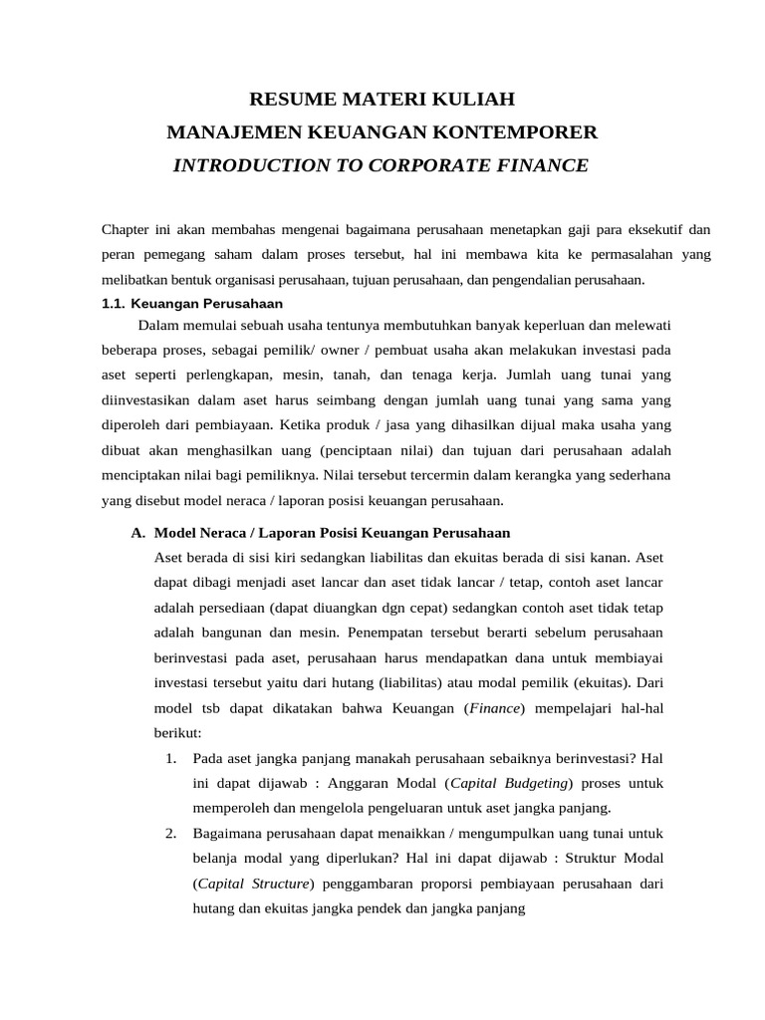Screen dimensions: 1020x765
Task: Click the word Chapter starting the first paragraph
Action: (x=126, y=229)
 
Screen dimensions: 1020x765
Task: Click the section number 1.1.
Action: (x=117, y=303)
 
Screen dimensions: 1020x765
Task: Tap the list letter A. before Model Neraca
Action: (x=138, y=533)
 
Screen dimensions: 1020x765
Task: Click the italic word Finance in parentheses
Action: (x=495, y=707)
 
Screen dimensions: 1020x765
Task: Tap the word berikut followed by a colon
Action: (x=176, y=732)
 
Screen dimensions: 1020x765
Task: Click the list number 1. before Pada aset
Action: (x=171, y=758)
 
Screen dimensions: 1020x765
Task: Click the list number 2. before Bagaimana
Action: (x=171, y=833)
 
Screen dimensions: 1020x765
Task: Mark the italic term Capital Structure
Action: (x=253, y=884)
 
